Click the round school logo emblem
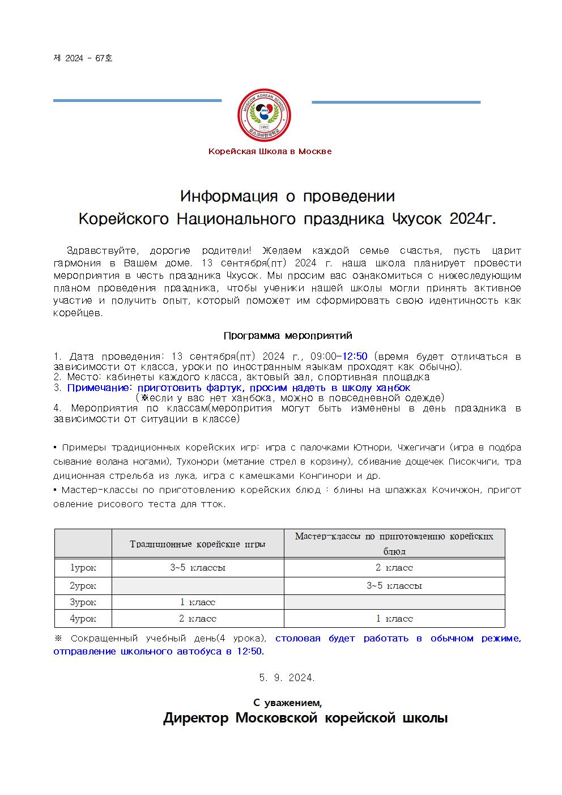264,116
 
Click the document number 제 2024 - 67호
83,58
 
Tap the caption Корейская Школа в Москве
270,151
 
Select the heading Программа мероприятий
288,335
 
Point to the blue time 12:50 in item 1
355,356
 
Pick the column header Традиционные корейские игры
198,544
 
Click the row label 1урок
83,567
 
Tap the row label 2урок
83,585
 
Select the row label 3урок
83,602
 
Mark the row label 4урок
83,618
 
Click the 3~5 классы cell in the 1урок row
198,567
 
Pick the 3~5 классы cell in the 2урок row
394,585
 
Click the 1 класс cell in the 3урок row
198,602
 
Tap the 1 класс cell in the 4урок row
394,618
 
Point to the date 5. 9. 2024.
287,678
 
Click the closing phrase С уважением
287,703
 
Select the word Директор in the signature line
196,719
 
